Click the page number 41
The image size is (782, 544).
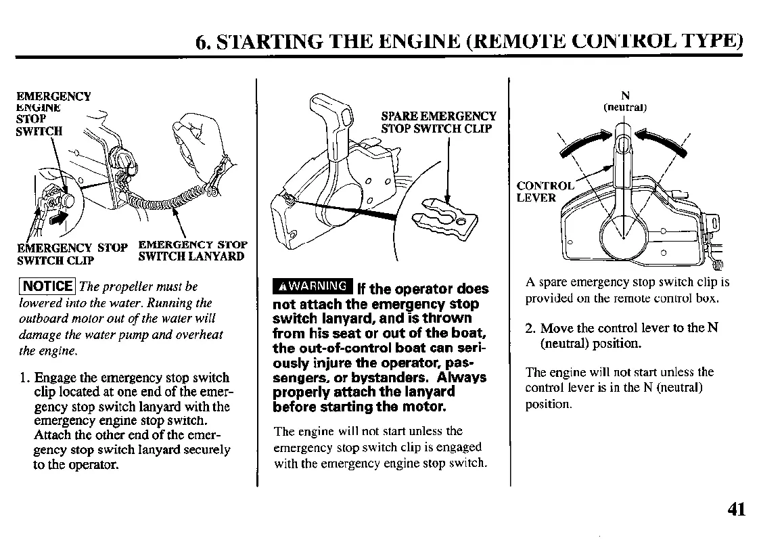tap(736, 508)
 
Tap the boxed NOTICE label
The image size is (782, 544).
tap(48, 286)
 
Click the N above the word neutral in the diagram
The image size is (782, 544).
tap(625, 96)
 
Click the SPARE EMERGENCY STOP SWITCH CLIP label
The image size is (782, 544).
tap(438, 122)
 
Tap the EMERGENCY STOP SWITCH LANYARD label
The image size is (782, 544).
tap(192, 250)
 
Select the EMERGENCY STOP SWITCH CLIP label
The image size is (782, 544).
tap(71, 253)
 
